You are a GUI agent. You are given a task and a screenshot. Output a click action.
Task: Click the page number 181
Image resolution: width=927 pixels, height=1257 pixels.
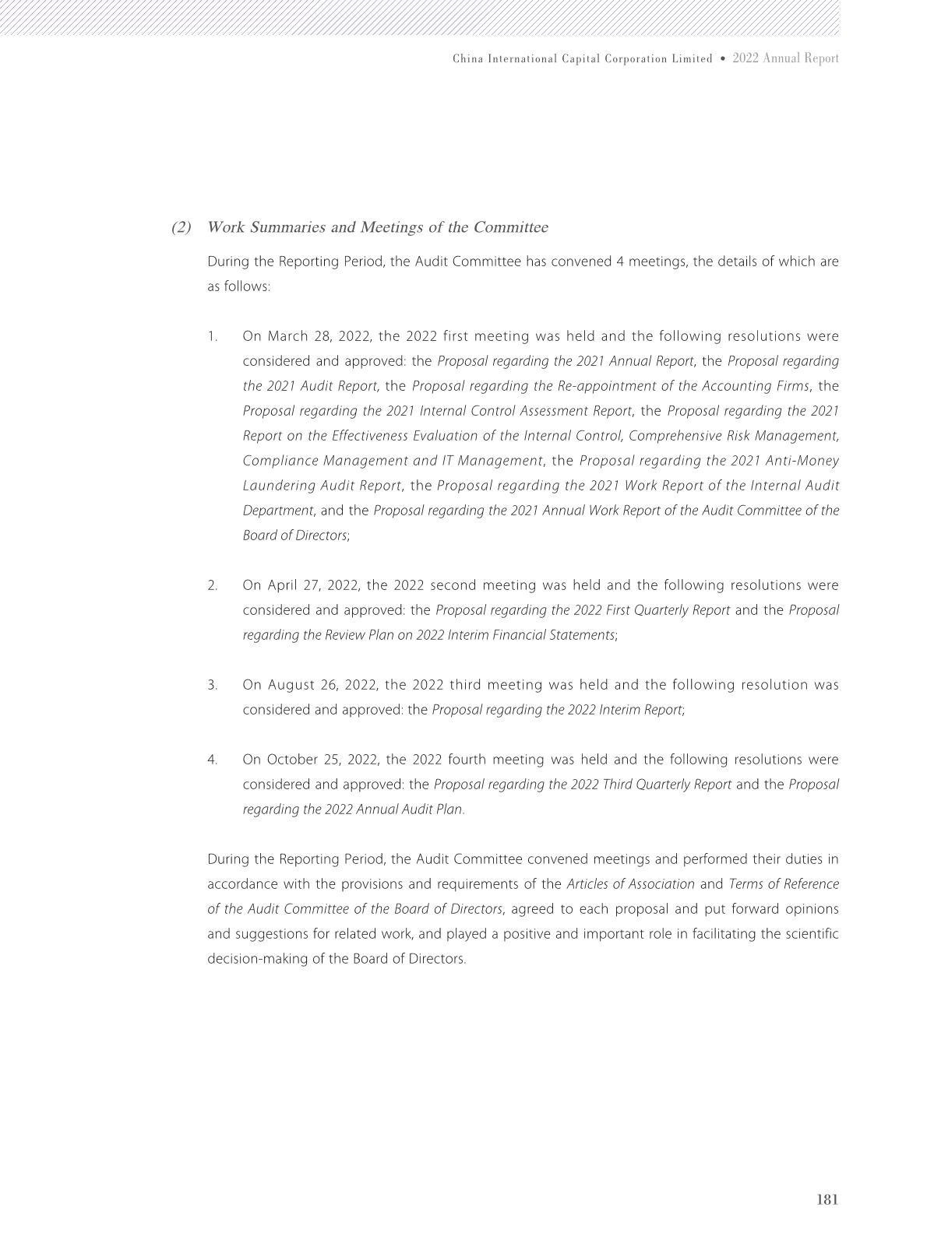pos(827,1199)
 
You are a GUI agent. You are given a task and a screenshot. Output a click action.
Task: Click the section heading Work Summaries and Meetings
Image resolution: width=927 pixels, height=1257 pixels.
pos(377,227)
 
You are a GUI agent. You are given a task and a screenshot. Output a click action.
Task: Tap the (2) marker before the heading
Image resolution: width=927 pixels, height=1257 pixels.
pos(181,227)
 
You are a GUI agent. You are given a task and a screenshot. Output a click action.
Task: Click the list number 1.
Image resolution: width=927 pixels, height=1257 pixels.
pos(212,336)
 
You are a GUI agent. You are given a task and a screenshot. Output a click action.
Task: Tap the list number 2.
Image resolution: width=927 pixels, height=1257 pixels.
pos(212,585)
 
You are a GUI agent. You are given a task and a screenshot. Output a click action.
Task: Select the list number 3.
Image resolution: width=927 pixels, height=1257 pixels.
pos(212,685)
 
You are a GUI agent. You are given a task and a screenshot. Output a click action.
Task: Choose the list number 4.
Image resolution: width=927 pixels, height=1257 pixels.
pos(212,760)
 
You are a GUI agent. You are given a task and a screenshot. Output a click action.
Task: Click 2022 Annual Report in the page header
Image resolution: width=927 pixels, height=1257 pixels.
pos(785,58)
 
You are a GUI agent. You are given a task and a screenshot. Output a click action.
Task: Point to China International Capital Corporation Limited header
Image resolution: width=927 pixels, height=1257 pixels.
pos(582,59)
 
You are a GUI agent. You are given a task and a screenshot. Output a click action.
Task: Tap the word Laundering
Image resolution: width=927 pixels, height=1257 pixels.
pos(278,486)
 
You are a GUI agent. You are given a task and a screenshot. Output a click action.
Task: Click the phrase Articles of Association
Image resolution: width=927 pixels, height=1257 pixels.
pos(630,884)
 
